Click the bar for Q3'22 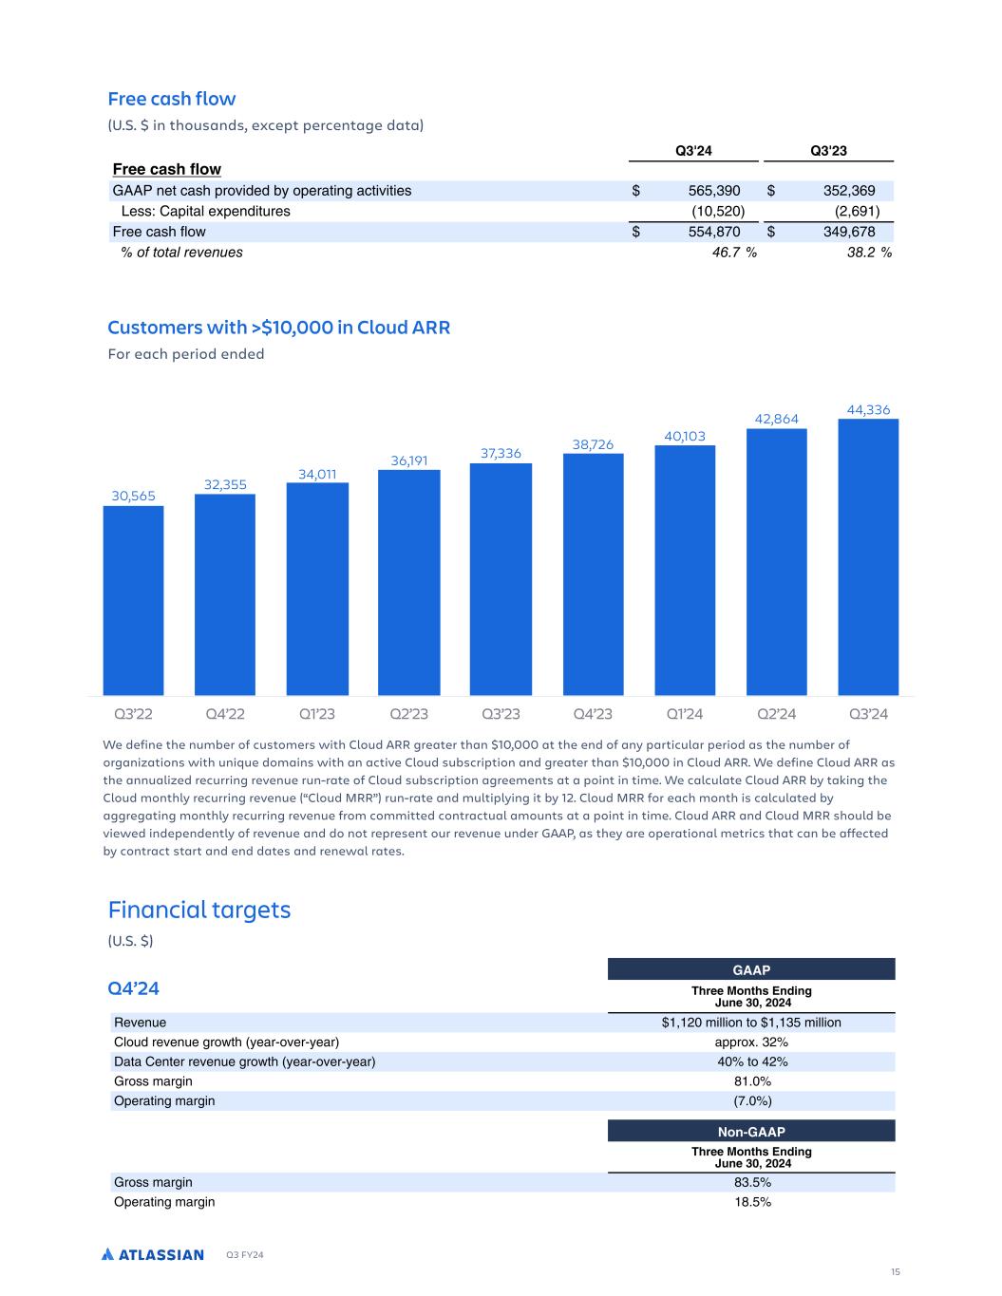coord(133,600)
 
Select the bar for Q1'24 coord(685,570)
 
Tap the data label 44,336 coord(868,409)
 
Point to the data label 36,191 coord(409,460)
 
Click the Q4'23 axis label coord(593,714)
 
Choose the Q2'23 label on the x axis coord(409,714)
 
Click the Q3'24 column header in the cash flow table coord(693,150)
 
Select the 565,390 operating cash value coord(714,191)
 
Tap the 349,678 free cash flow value coord(849,232)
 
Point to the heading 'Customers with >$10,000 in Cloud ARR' coord(278,328)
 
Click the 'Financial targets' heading coord(199,910)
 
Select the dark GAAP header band coord(751,969)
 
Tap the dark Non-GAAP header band coord(751,1132)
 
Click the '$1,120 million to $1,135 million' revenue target coord(751,1023)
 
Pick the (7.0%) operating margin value coord(751,1101)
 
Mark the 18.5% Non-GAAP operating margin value coord(751,1202)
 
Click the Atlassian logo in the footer coord(153,1255)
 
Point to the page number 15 coord(895,1272)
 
